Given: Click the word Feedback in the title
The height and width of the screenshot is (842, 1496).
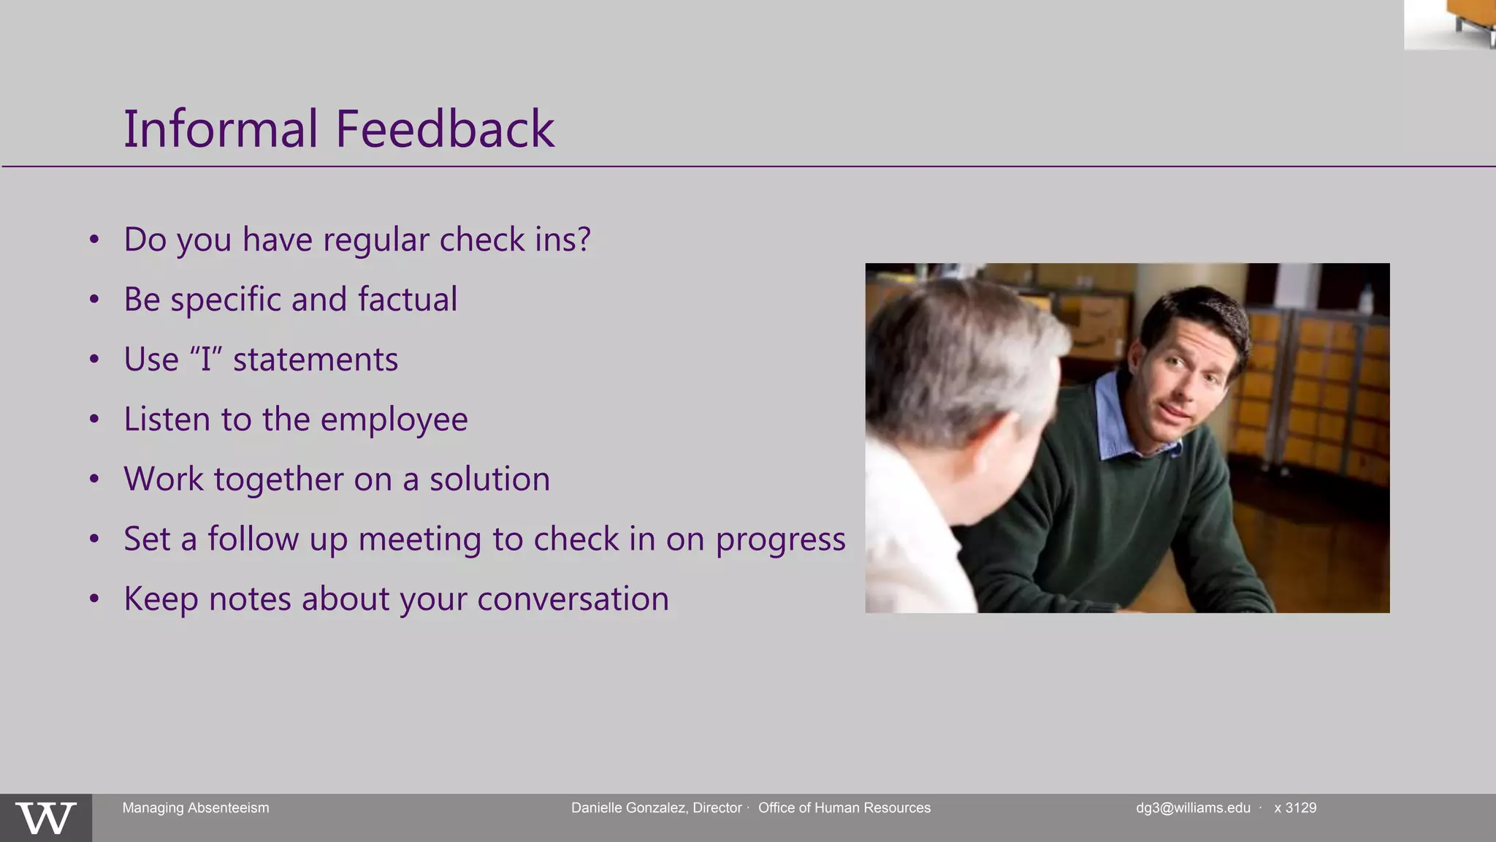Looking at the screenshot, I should pos(445,129).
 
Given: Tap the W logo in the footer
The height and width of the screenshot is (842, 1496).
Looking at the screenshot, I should pos(45,818).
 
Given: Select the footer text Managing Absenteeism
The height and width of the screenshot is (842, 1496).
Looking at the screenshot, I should pos(196,808).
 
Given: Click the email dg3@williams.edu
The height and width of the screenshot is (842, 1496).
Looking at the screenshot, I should pos(1193,808).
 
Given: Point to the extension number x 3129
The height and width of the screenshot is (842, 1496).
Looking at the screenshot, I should pos(1295,808).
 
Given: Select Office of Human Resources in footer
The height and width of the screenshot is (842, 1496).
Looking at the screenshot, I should pos(844,808).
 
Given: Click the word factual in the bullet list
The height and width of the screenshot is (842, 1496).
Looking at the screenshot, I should pos(408,300).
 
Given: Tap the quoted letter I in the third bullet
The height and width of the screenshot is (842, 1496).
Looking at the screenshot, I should pos(206,360).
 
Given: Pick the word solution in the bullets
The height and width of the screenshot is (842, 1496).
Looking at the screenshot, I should pos(489,479).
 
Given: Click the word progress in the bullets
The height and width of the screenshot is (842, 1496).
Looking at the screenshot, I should pos(780,540).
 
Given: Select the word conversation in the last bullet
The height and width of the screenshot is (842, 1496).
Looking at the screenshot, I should pos(573,599).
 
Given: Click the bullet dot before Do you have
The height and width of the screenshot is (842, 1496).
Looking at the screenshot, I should pos(94,240).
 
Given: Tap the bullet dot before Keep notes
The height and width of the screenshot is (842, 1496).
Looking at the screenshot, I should pos(94,599).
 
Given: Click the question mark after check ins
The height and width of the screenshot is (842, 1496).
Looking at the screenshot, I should pos(583,240).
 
